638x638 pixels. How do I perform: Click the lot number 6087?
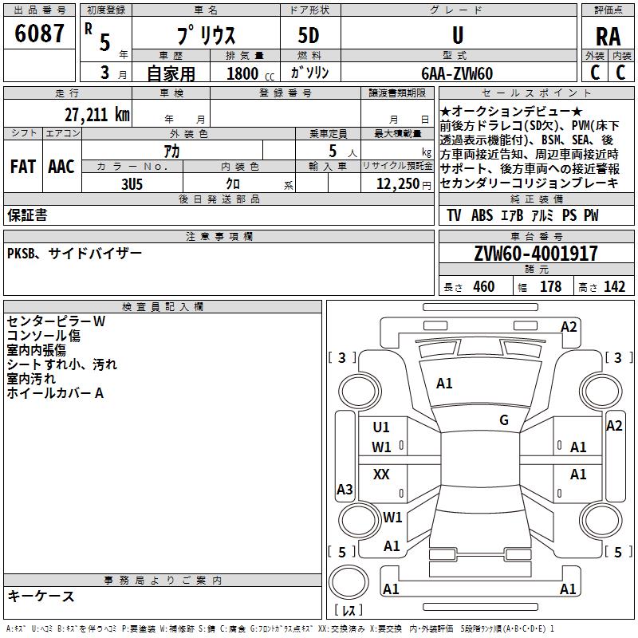[x=39, y=33]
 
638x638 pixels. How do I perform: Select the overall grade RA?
[x=608, y=37]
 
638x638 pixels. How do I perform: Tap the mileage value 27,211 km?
[x=97, y=115]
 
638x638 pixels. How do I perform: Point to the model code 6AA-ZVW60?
[x=457, y=73]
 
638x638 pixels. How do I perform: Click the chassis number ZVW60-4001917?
[x=536, y=254]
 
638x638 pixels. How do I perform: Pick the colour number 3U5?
[x=132, y=184]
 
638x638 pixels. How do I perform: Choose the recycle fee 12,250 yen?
[x=404, y=184]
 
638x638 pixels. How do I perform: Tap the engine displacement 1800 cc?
[x=250, y=73]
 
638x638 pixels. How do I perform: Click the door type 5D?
[x=309, y=36]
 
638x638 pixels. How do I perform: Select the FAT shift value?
[x=23, y=167]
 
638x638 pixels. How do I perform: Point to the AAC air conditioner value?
[x=61, y=167]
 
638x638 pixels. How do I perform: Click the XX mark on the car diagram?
[x=381, y=474]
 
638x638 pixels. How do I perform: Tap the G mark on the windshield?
[x=504, y=420]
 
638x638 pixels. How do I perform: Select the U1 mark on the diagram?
[x=381, y=427]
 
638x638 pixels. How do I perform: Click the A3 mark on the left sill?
[x=345, y=489]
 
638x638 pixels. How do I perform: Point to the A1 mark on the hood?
[x=444, y=384]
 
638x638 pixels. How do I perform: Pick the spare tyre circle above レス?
[x=349, y=582]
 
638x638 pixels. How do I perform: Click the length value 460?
[x=484, y=286]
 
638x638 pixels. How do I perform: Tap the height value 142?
[x=614, y=286]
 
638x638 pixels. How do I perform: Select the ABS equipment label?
[x=482, y=215]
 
